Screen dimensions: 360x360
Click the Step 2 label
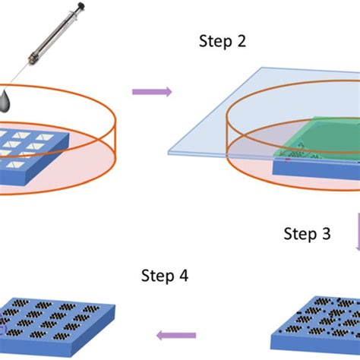[x=221, y=43]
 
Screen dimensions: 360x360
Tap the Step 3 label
[x=307, y=234]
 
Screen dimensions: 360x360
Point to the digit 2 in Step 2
[x=241, y=43]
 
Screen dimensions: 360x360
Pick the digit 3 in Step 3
[x=327, y=234]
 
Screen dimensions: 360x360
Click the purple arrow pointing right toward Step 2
[x=152, y=92]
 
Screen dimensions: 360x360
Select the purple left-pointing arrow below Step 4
[x=176, y=335]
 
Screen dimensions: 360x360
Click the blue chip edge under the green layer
[x=304, y=170]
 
